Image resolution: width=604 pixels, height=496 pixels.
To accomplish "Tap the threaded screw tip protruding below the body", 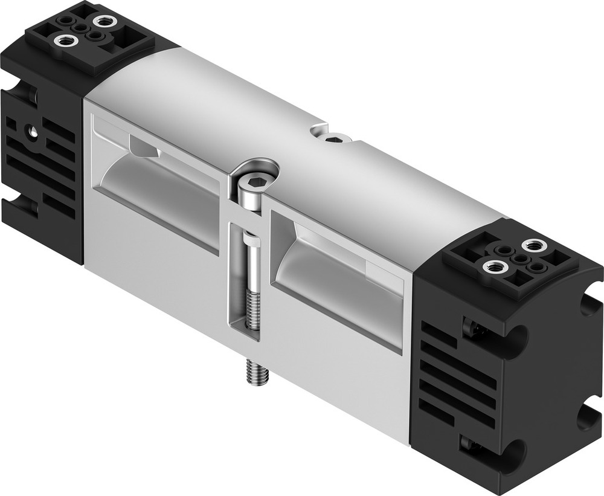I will click(x=256, y=372).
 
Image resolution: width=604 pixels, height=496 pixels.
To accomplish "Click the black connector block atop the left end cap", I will click(x=91, y=36).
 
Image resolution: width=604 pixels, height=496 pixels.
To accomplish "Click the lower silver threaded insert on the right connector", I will click(x=493, y=266).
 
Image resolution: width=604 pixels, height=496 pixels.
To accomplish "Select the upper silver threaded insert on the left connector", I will click(x=104, y=21).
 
